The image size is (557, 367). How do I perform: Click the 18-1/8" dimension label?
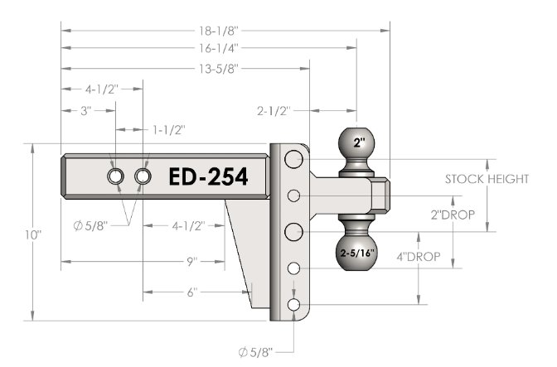(x=218, y=31)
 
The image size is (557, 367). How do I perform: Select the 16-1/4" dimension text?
(x=218, y=48)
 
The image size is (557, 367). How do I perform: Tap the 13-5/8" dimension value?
(x=218, y=69)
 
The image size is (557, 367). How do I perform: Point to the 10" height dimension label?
(x=33, y=235)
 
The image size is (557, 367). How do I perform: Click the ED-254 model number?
(x=208, y=176)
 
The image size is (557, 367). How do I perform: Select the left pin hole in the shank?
(x=115, y=176)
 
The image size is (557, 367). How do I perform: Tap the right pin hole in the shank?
(x=143, y=176)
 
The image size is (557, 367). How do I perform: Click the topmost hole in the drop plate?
(x=293, y=159)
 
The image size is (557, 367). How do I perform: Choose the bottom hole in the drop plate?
(x=293, y=305)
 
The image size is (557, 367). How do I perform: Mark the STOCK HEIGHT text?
(x=487, y=179)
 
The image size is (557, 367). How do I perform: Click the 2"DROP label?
(x=453, y=215)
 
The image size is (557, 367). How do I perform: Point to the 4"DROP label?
(x=419, y=257)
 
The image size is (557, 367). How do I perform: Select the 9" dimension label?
(x=191, y=262)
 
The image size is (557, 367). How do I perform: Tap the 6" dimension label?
(x=191, y=292)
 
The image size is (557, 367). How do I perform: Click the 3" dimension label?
(x=86, y=111)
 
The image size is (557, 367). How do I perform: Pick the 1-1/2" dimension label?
(x=169, y=130)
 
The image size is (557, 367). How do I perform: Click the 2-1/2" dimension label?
(x=274, y=111)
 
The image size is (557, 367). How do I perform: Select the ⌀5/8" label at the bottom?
(x=256, y=352)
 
